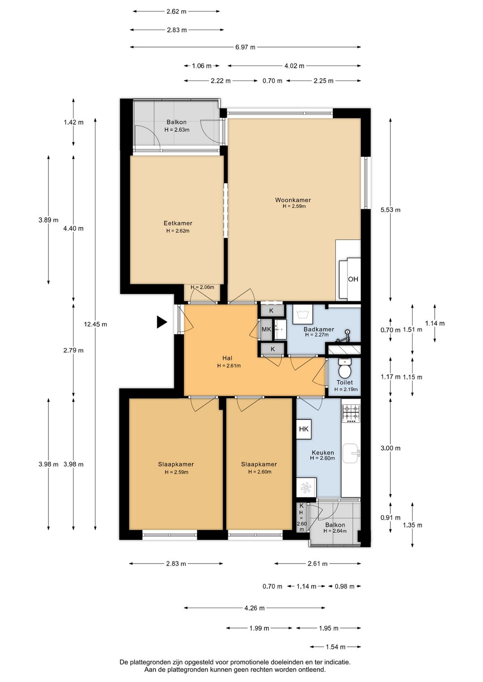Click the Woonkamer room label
pyautogui.click(x=293, y=200)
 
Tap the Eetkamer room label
pyautogui.click(x=178, y=223)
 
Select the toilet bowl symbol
pyautogui.click(x=345, y=368)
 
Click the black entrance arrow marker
pyautogui.click(x=162, y=322)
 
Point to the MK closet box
pyautogui.click(x=267, y=329)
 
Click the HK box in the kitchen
pyautogui.click(x=304, y=429)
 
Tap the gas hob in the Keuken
pyautogui.click(x=351, y=413)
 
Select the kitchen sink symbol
pyautogui.click(x=351, y=453)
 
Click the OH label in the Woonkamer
pyautogui.click(x=353, y=279)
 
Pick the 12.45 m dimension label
pyautogui.click(x=95, y=324)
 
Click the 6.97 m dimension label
pyautogui.click(x=246, y=47)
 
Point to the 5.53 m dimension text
pyautogui.click(x=390, y=210)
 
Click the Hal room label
pyautogui.click(x=227, y=358)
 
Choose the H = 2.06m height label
pyautogui.click(x=202, y=287)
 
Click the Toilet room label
pyautogui.click(x=345, y=383)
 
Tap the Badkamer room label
pyautogui.click(x=319, y=329)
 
